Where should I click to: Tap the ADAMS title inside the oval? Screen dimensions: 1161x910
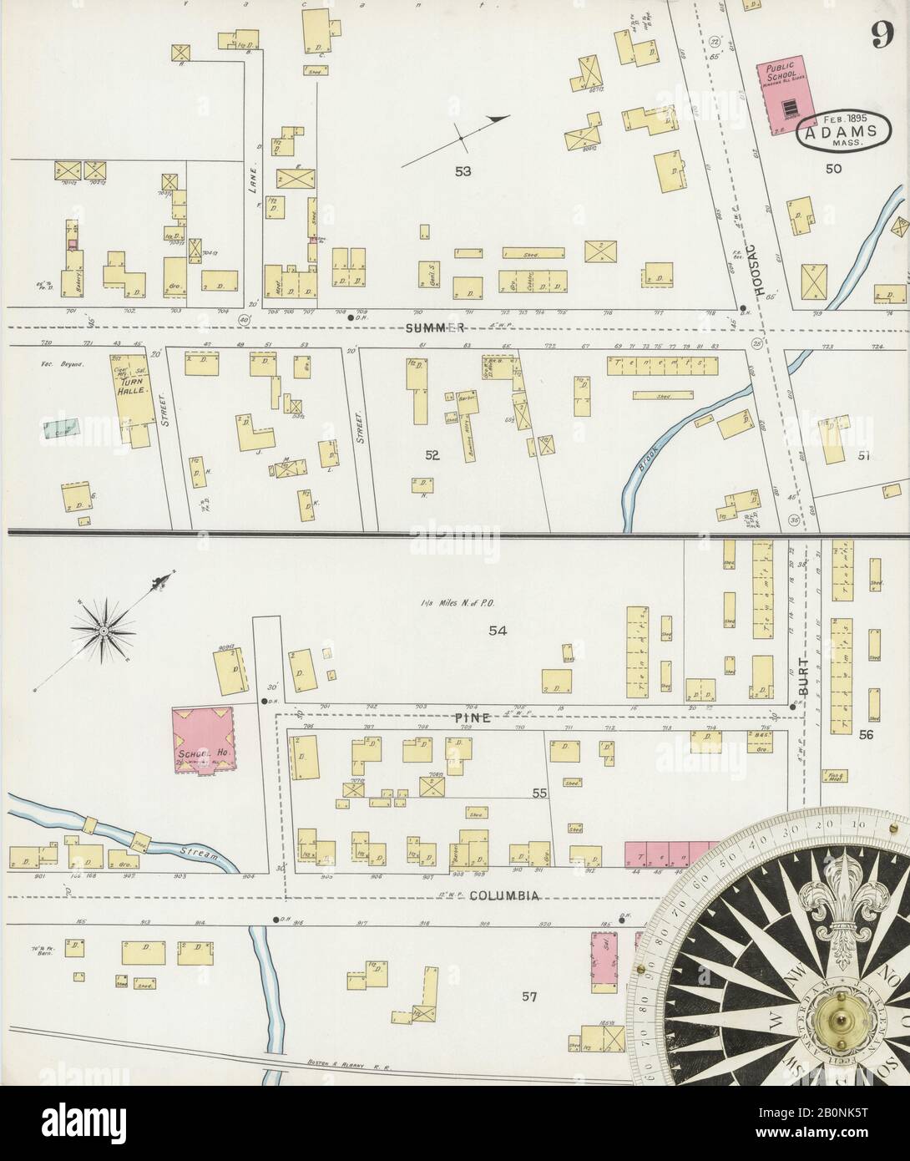[x=841, y=132]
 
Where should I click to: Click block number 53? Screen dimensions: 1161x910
[x=463, y=172]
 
